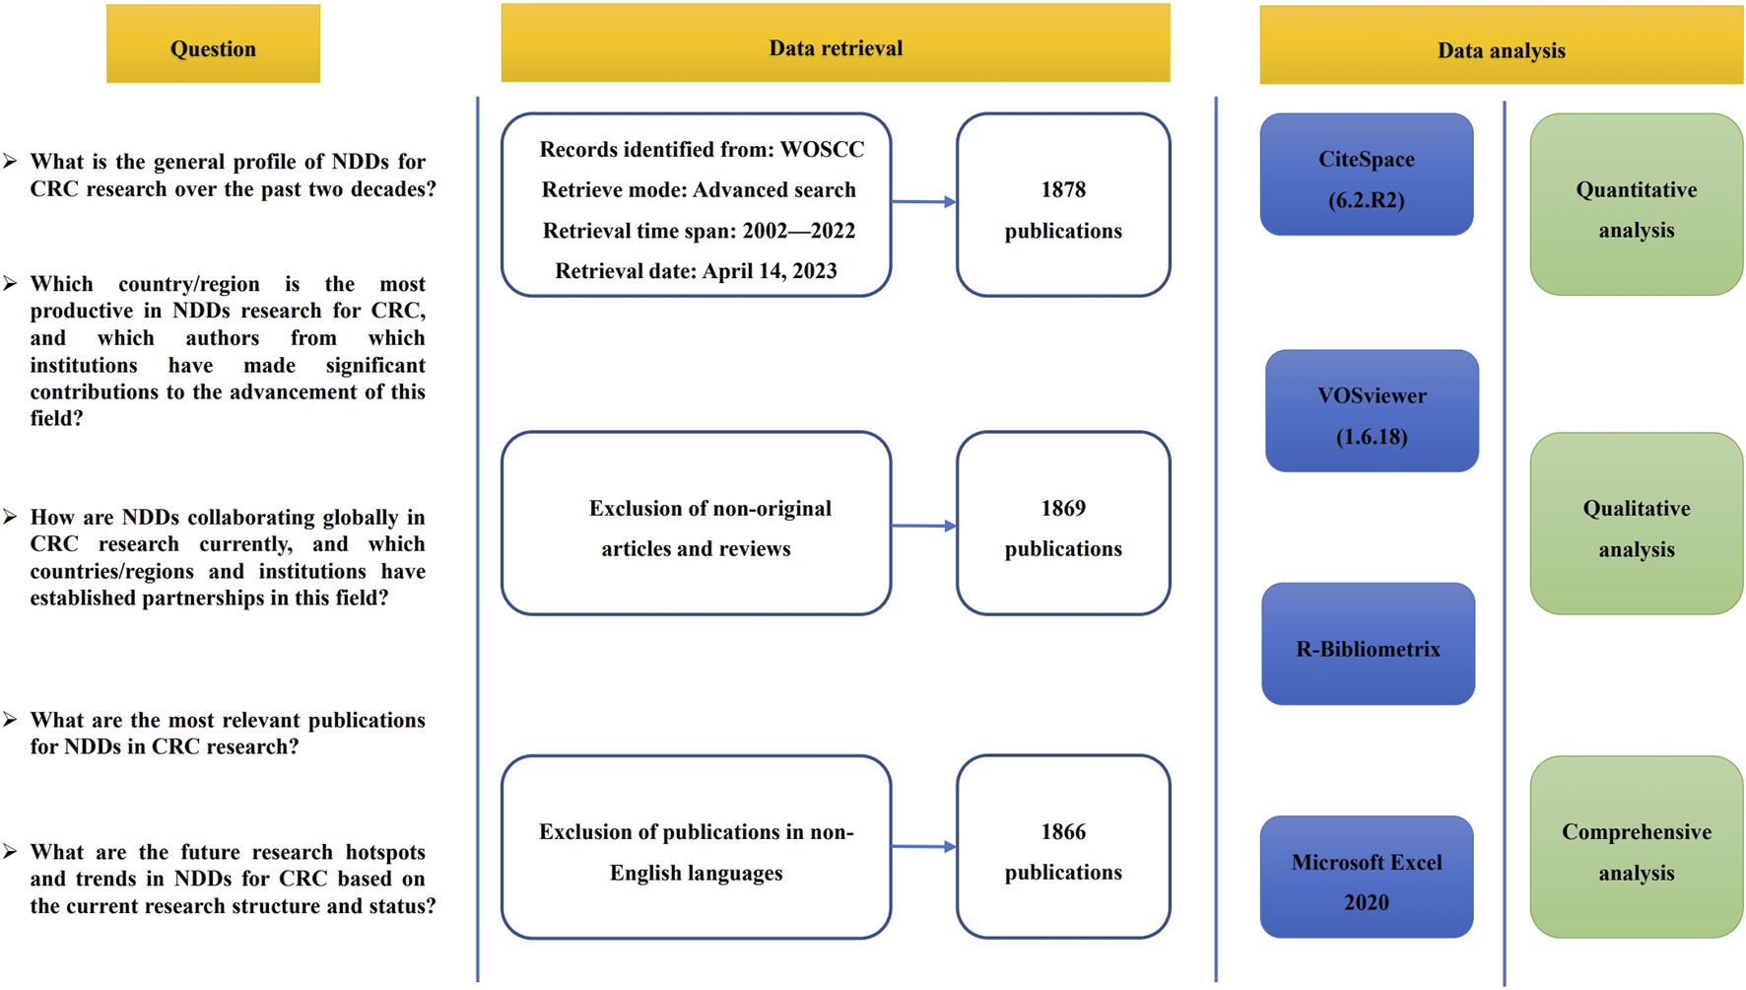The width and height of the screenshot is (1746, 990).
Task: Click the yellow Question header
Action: pyautogui.click(x=213, y=44)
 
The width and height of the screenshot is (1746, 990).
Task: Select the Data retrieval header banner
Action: pyautogui.click(x=835, y=44)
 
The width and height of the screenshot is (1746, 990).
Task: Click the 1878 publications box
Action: pyautogui.click(x=1062, y=205)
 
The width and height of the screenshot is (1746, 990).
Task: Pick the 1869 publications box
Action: pyautogui.click(x=1062, y=524)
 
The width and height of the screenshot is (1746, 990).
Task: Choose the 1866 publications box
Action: pyautogui.click(x=1062, y=847)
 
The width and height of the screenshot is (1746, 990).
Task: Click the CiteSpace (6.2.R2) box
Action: pyautogui.click(x=1366, y=176)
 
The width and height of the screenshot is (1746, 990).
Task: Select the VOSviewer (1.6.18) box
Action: pyautogui.click(x=1372, y=411)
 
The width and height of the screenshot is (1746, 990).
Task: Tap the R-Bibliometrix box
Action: pyautogui.click(x=1368, y=645)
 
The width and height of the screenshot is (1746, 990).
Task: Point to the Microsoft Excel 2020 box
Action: pyautogui.click(x=1366, y=877)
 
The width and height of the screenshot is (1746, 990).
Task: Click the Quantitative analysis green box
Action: pyautogui.click(x=1636, y=205)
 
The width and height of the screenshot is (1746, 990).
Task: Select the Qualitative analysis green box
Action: pyautogui.click(x=1636, y=524)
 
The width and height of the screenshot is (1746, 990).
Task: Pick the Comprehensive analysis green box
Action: pyautogui.click(x=1636, y=847)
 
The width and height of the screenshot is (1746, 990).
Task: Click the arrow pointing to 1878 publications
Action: pyautogui.click(x=923, y=202)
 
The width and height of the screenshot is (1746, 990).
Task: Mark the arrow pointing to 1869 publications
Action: pyautogui.click(x=923, y=526)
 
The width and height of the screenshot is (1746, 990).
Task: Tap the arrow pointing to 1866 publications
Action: pyautogui.click(x=923, y=846)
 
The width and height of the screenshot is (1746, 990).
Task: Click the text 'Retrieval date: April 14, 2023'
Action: pyautogui.click(x=696, y=271)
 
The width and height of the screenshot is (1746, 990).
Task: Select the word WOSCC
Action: pyautogui.click(x=822, y=150)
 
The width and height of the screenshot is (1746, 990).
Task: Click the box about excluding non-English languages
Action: pyautogui.click(x=696, y=847)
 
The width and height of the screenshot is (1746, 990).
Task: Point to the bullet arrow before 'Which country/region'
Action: pyautogui.click(x=10, y=284)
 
